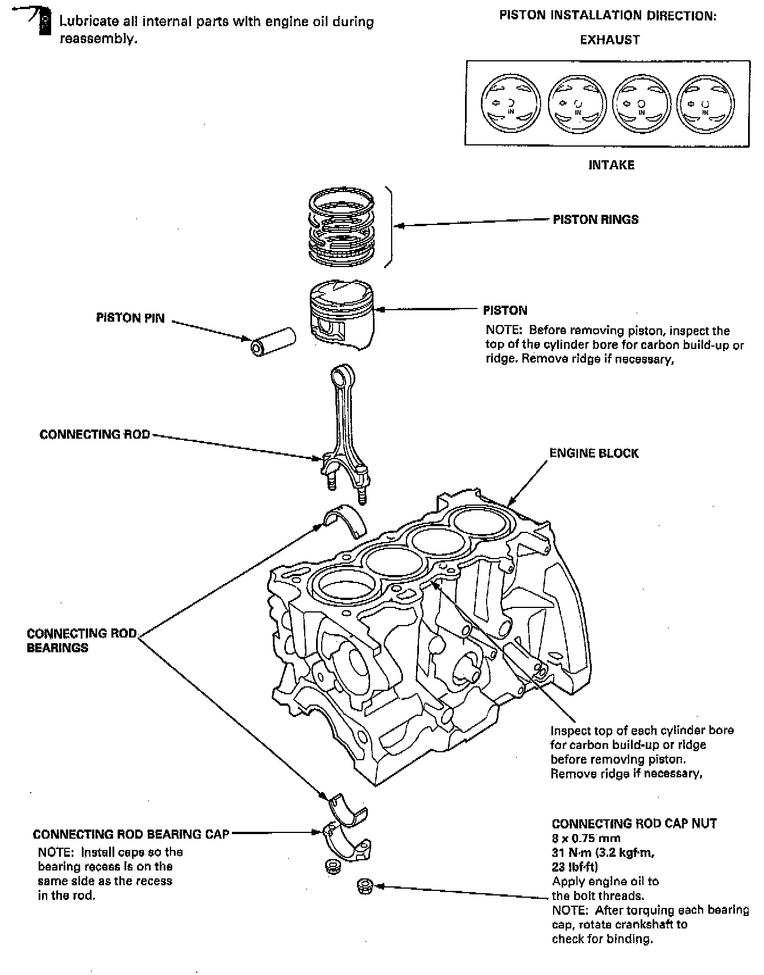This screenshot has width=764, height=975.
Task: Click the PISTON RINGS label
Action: (595, 219)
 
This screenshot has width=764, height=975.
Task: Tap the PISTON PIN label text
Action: (130, 318)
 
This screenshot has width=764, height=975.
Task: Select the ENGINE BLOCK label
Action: (594, 453)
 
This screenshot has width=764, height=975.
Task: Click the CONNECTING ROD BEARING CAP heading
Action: (131, 834)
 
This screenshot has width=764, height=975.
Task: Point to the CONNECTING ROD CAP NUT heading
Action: (634, 823)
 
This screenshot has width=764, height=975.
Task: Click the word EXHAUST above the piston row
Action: (610, 40)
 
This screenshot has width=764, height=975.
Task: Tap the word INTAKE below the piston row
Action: (611, 165)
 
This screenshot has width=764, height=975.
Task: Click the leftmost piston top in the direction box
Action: (510, 104)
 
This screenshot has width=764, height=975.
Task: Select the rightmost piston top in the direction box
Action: (705, 104)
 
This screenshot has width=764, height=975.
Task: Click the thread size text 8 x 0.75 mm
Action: (586, 838)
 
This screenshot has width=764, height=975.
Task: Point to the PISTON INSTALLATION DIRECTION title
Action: (608, 15)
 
